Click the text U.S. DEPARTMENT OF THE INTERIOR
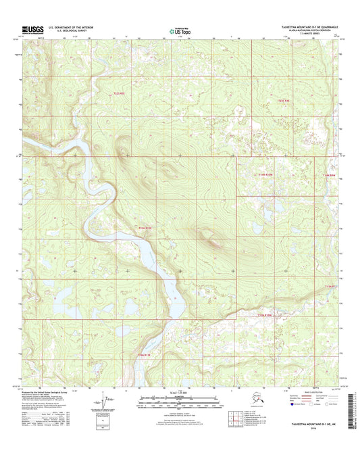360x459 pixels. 67,27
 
